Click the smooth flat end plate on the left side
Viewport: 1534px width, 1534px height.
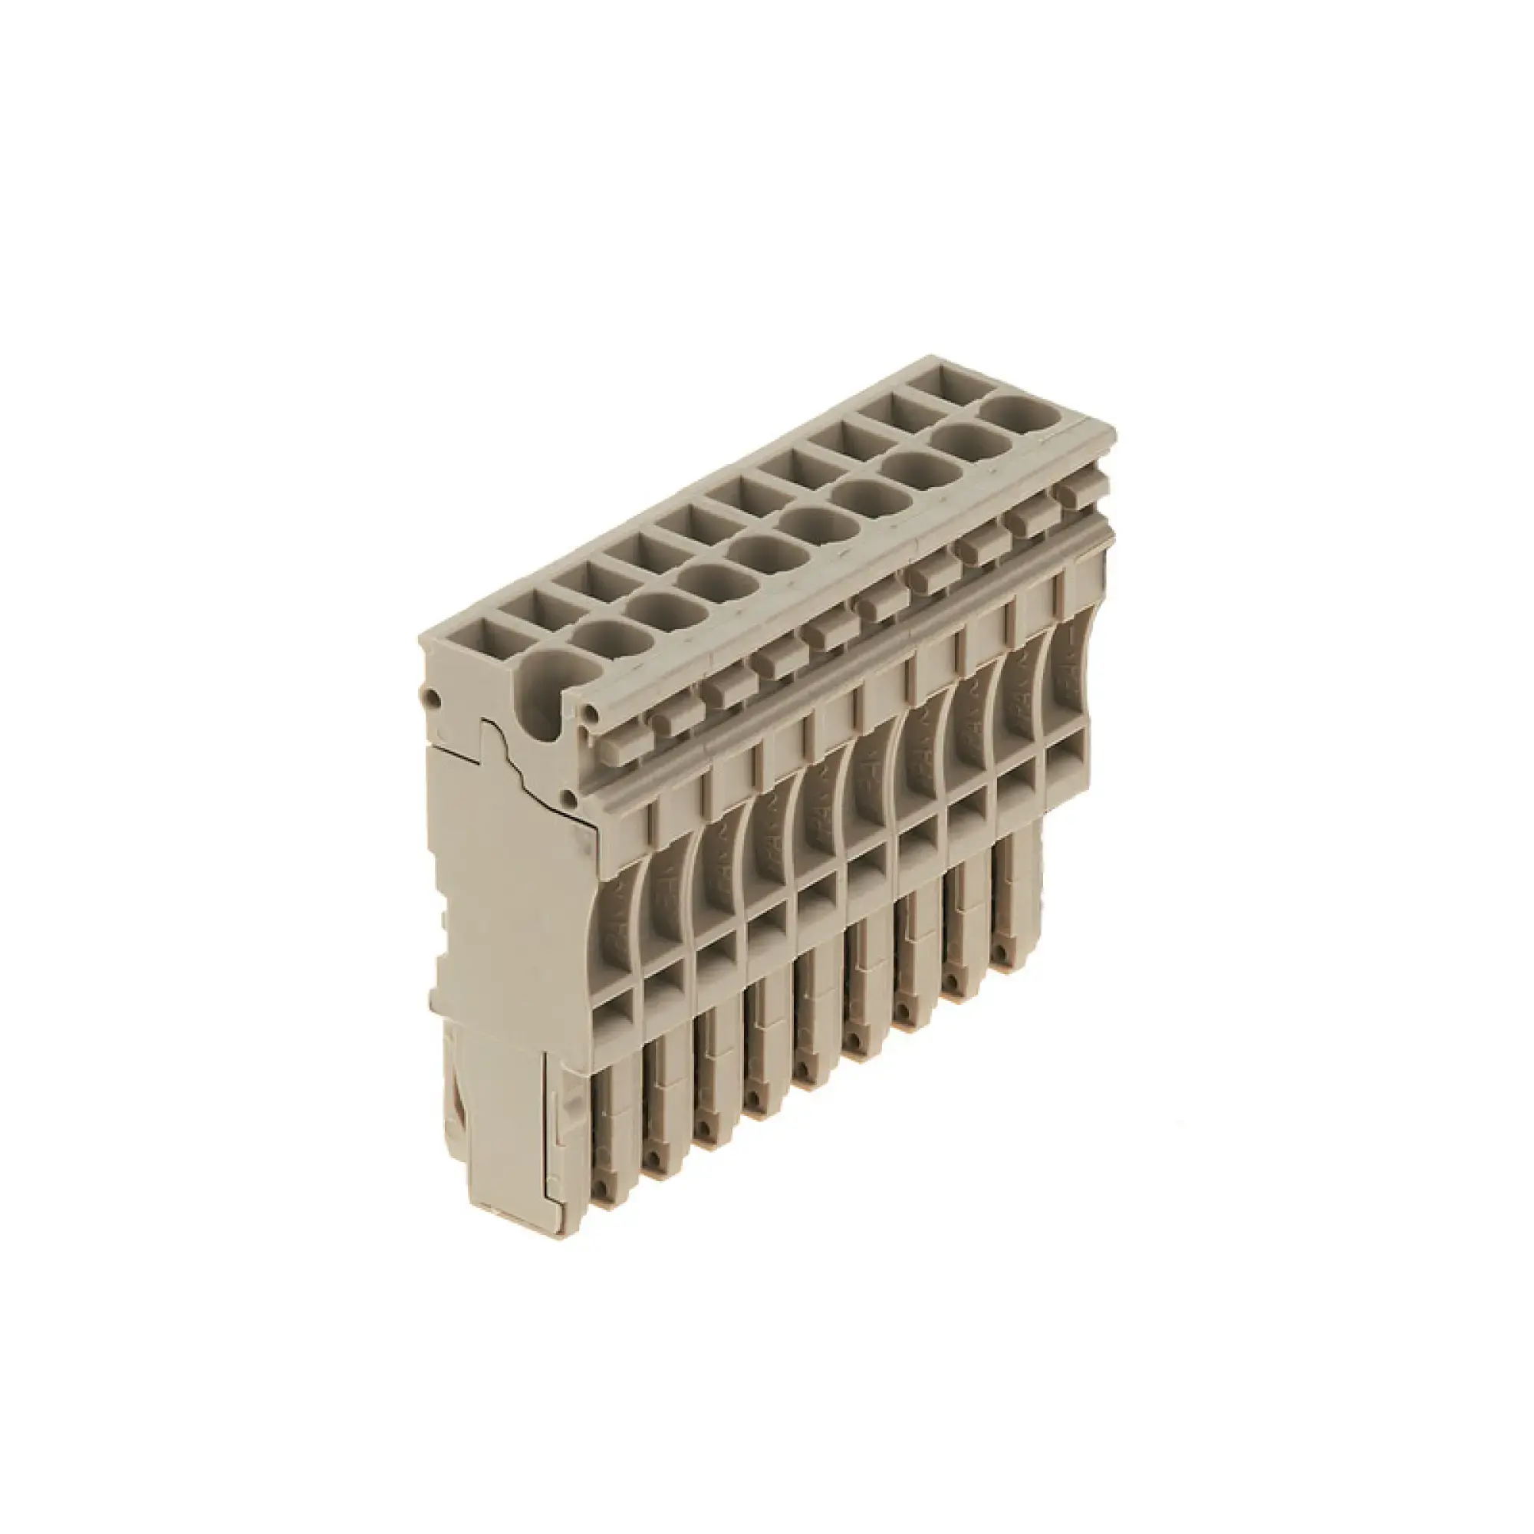coord(509,913)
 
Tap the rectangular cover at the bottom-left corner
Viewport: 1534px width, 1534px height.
coord(509,1144)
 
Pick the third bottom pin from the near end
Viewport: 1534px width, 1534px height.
coord(706,1111)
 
